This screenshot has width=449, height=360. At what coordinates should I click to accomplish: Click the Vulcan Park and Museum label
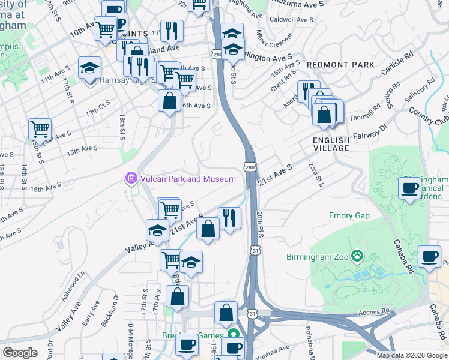[x=188, y=179]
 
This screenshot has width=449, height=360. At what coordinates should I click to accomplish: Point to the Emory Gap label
[x=349, y=215]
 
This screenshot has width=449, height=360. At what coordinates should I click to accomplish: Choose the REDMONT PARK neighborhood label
[x=340, y=65]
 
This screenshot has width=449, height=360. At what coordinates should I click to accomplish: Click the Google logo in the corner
[x=20, y=353]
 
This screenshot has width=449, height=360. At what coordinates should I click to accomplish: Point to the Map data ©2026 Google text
[x=412, y=355]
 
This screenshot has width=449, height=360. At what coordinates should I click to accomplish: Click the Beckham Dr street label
[x=108, y=310]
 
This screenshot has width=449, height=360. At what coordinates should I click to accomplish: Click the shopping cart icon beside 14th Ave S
[x=40, y=128]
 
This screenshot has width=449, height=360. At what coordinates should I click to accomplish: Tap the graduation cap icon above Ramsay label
[x=89, y=67]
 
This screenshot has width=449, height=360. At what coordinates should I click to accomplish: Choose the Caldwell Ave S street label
[x=292, y=20]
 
